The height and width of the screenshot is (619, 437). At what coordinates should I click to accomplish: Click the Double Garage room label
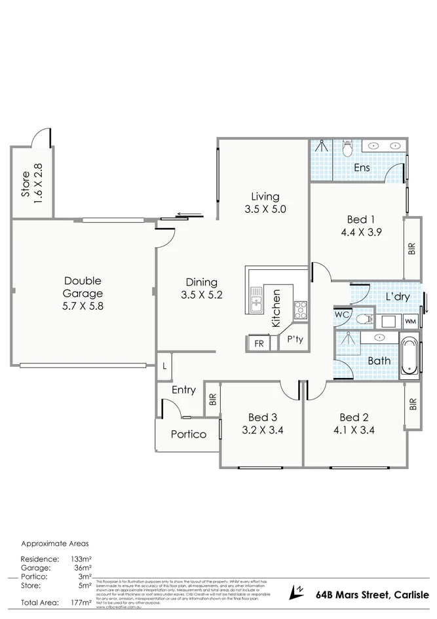pos(83,294)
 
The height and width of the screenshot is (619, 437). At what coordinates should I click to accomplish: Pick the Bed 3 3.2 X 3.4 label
pos(262,424)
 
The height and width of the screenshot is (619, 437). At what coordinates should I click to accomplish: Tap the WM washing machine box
pos(409,321)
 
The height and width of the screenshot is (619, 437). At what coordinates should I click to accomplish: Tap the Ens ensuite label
pos(362,168)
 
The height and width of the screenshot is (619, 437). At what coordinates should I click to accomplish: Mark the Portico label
pos(189,434)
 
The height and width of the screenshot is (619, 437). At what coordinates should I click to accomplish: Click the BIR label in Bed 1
pos(412,249)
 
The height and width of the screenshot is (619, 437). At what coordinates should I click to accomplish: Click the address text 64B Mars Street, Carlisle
pos(373,594)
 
